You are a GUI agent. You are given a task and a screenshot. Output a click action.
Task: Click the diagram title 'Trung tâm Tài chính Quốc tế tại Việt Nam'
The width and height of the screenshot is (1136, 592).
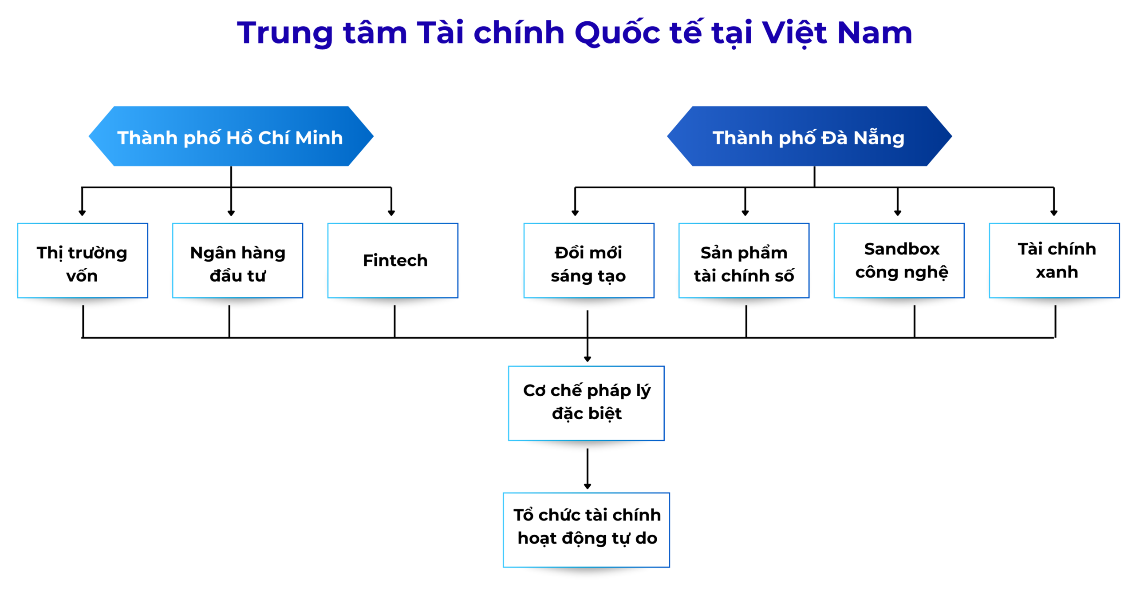tap(575, 33)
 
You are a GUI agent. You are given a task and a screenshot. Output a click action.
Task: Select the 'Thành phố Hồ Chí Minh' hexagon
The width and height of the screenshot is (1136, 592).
tap(231, 136)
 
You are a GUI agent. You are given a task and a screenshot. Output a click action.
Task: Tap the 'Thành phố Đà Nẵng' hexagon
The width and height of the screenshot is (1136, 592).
tap(809, 136)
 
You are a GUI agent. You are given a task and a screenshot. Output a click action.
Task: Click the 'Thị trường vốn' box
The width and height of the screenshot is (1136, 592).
tap(83, 261)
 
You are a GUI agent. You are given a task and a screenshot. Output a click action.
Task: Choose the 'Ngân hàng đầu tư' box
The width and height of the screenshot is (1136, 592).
tap(237, 261)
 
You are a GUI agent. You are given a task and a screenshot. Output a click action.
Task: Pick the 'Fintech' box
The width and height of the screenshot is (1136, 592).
tap(393, 261)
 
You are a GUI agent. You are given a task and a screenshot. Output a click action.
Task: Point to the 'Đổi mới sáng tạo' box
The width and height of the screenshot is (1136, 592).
tap(589, 261)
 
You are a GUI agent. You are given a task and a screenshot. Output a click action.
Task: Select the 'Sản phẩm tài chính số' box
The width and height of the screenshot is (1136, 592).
tap(744, 261)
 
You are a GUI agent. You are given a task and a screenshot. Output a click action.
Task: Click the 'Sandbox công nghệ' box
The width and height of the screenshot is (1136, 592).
tap(899, 261)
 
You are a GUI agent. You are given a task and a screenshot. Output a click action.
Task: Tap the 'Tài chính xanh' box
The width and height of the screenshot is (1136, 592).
tap(1054, 261)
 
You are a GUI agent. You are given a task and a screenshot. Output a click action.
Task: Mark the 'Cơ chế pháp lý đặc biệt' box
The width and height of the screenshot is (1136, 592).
tap(586, 403)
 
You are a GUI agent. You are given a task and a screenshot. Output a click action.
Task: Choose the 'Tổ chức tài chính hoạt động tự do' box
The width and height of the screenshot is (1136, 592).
tap(586, 530)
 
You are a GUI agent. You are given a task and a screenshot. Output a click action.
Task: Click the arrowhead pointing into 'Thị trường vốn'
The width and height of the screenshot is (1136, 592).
tap(82, 213)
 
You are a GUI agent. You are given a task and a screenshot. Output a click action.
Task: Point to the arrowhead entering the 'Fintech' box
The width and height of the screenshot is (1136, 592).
tap(391, 213)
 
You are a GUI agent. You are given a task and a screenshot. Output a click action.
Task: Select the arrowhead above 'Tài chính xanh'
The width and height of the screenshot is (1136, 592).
tap(1054, 213)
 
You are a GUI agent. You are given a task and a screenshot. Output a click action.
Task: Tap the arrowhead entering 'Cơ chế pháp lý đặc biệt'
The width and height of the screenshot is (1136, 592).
tap(588, 359)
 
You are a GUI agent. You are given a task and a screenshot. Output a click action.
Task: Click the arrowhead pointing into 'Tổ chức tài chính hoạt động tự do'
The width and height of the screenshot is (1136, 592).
tap(588, 486)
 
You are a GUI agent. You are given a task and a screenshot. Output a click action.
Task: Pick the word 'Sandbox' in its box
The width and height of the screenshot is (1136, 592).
tap(902, 249)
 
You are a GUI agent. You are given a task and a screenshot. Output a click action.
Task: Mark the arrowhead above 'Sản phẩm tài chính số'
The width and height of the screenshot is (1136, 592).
tap(745, 213)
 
